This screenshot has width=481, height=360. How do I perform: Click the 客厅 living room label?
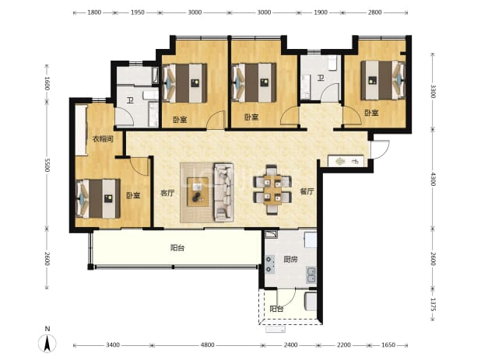coord(167,193)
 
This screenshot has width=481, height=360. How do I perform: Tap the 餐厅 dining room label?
coord(307,192)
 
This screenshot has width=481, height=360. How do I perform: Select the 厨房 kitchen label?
coord(290,260)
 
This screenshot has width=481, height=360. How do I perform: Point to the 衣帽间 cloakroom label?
coord(103,139)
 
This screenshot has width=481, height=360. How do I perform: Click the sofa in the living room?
coord(223,192)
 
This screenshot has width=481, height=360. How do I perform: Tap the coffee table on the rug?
coord(198,192)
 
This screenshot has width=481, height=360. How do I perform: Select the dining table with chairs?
coord(272,190)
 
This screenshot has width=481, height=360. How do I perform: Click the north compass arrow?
coord(47,343)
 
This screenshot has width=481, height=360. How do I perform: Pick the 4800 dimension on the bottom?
coord(207,345)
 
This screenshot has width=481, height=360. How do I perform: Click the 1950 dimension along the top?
coord(138,12)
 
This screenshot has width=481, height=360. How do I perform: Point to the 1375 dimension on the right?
coord(433,305)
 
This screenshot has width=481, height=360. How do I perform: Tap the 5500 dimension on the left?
coord(47,165)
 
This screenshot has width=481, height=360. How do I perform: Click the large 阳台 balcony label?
coord(177,247)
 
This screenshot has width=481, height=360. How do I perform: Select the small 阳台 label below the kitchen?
coord(276,309)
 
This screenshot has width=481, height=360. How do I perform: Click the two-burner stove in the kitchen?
coord(269,264)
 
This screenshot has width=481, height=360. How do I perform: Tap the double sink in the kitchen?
coord(311,274)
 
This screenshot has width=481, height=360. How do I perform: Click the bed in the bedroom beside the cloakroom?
coord(98,198)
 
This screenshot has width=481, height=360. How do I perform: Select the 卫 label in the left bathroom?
coord(131,100)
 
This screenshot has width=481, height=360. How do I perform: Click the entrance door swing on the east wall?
coord(380,149)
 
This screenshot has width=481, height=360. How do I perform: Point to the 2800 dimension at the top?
coord(374,12)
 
